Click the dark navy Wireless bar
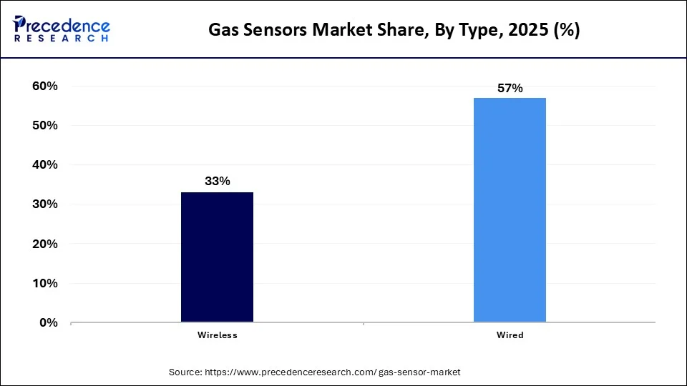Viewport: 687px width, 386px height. (x=217, y=257)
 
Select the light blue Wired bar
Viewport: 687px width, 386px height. (x=510, y=210)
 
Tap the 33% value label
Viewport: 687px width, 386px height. (x=217, y=182)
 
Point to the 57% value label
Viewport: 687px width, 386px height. (x=510, y=89)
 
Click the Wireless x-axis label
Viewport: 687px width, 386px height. (x=217, y=335)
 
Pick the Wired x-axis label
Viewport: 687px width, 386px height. (x=510, y=335)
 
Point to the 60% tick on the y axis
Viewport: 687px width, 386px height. (x=45, y=86)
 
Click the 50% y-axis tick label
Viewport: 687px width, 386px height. (x=45, y=125)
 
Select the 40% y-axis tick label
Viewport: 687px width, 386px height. (x=45, y=164)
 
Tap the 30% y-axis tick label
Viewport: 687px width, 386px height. (x=45, y=204)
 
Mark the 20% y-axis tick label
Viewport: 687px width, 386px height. (x=45, y=244)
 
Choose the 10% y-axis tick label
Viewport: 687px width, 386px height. (x=45, y=283)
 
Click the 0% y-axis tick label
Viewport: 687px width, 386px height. (x=49, y=322)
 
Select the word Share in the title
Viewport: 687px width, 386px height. (x=386, y=30)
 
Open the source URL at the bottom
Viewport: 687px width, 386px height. (x=333, y=372)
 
